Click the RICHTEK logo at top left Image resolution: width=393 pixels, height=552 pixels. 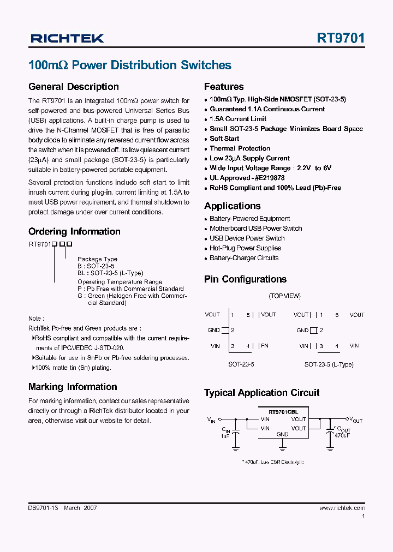coord(67,38)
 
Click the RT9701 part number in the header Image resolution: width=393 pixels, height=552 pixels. coord(341,38)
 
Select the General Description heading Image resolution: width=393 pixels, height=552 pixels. coord(73,87)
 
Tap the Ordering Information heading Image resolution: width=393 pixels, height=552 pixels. coord(74,231)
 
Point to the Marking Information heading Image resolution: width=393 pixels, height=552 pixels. coord(73,387)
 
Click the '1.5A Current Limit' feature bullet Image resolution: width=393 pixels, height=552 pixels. coord(238,119)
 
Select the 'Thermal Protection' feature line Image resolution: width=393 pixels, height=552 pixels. coord(240,148)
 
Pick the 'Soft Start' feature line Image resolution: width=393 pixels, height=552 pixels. coord(224,139)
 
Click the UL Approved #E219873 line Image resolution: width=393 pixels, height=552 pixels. coord(247,178)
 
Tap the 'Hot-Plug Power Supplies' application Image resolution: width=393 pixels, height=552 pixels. coord(245,248)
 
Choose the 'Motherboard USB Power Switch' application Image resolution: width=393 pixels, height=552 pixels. coord(255,229)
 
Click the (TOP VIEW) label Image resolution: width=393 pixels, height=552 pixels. coord(284,296)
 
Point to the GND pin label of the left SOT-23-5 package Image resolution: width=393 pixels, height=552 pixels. coord(214,330)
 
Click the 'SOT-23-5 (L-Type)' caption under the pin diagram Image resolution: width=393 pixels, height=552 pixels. coord(329,364)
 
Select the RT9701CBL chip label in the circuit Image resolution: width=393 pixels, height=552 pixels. coord(283,411)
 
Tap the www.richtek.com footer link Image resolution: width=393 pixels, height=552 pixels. coord(342,508)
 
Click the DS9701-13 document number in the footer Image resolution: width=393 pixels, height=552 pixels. coord(43,508)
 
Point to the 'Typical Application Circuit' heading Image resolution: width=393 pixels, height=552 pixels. coord(261,393)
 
